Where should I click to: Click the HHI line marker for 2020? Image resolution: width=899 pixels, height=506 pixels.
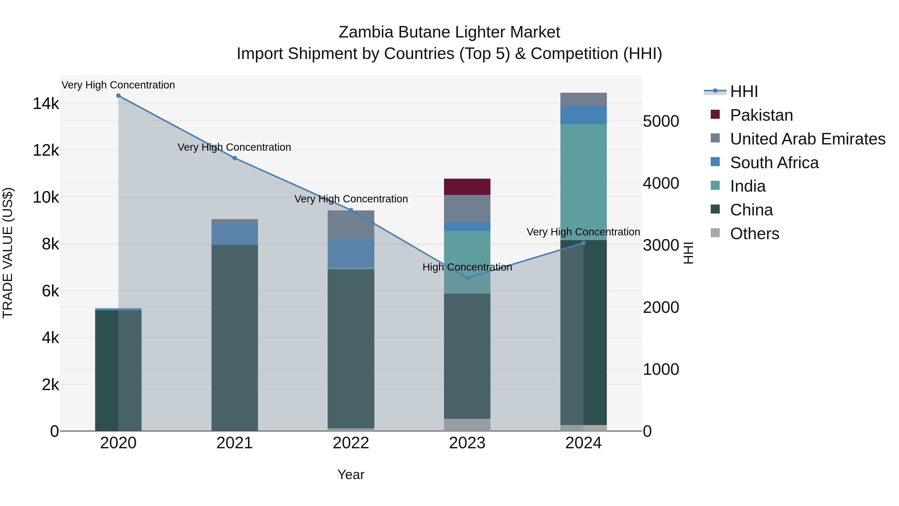click(118, 96)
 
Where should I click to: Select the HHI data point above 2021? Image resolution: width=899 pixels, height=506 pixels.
click(234, 158)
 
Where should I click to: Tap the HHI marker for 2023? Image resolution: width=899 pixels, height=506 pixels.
click(467, 278)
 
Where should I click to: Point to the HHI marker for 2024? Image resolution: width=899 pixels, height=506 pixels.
click(584, 243)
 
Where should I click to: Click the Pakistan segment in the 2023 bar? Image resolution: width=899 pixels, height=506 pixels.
click(467, 187)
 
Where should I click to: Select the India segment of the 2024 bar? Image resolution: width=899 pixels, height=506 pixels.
click(584, 182)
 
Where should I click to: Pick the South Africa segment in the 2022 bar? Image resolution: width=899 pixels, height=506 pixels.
click(351, 252)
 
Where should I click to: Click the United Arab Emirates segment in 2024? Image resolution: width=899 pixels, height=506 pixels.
click(584, 99)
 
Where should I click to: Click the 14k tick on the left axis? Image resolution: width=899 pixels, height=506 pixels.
click(46, 104)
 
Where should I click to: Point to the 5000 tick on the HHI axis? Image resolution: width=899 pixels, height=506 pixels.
click(661, 121)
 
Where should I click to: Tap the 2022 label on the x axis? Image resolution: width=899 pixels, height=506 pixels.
click(351, 443)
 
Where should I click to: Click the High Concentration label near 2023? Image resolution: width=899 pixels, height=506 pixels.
click(467, 267)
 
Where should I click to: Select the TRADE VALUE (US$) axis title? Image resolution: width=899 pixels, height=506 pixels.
click(8, 253)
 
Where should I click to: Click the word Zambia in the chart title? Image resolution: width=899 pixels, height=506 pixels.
click(366, 32)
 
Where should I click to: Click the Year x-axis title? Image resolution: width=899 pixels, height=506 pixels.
click(351, 475)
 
